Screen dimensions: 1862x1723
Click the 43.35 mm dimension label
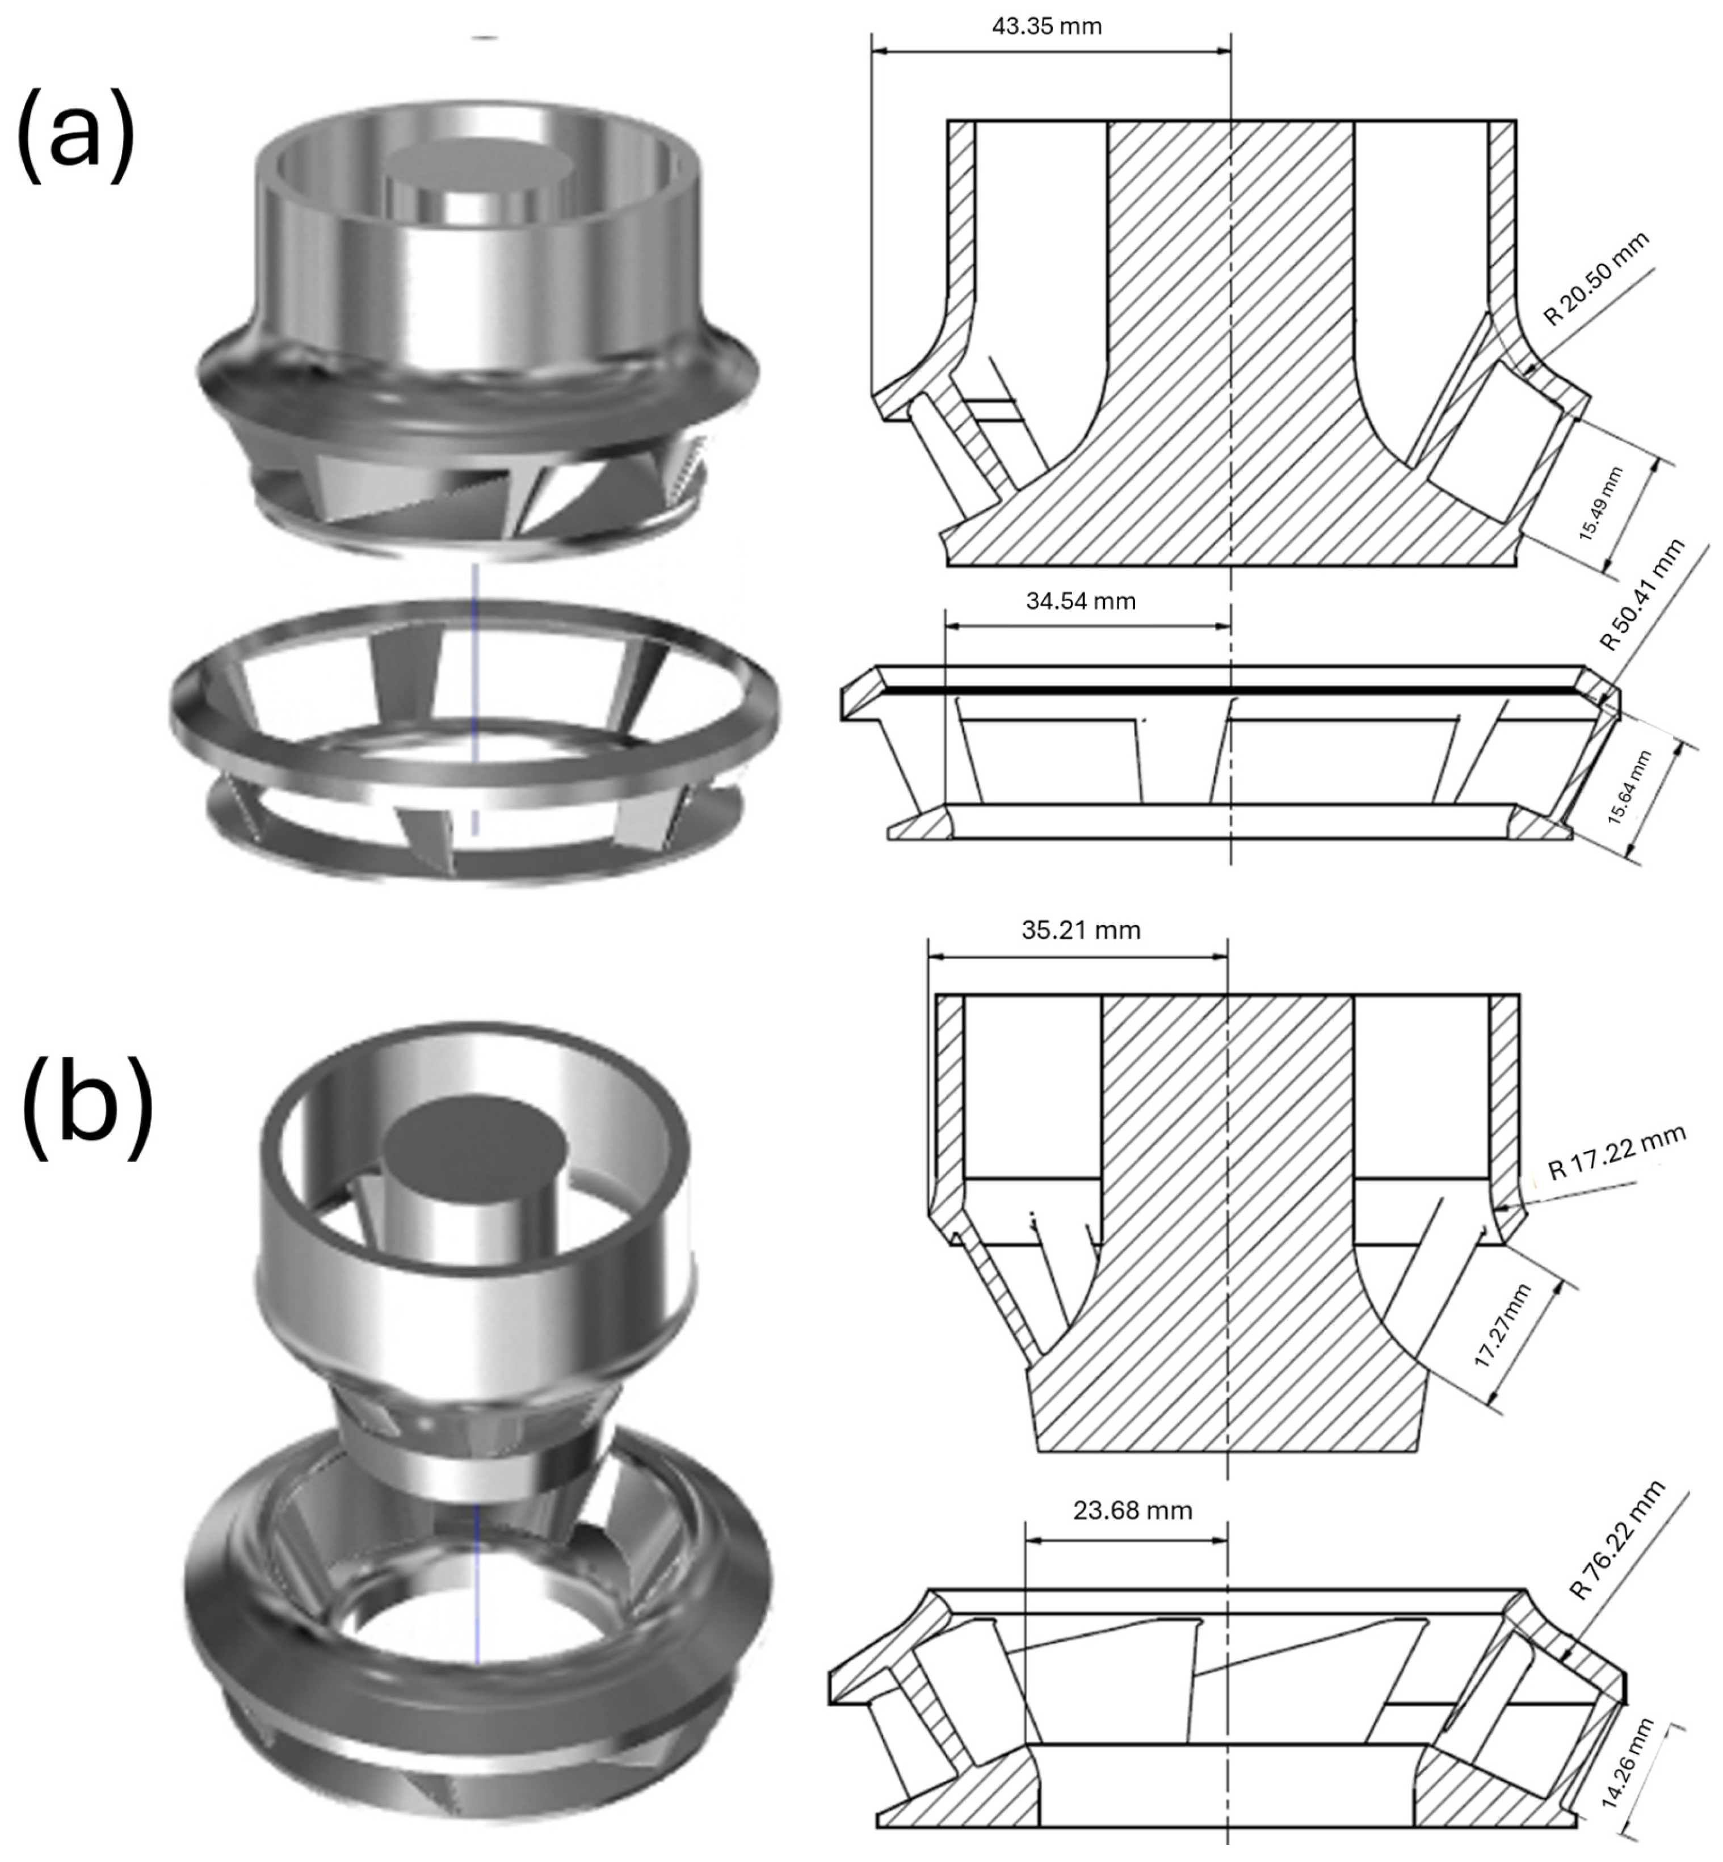[x=1046, y=26]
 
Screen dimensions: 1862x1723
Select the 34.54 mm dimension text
[x=1081, y=602]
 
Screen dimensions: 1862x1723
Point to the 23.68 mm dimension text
[x=1132, y=1510]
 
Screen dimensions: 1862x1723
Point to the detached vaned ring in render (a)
[x=476, y=746]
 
